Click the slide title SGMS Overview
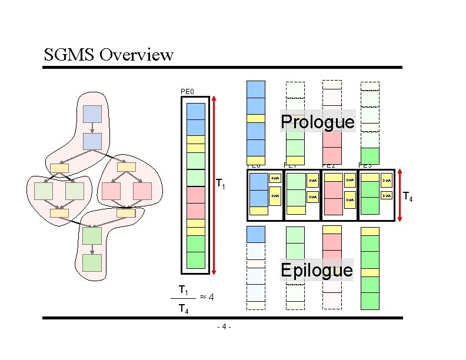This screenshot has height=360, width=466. click(109, 55)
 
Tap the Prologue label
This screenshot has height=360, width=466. click(318, 122)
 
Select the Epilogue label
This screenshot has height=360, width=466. click(317, 270)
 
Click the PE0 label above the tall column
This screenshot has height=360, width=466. click(187, 91)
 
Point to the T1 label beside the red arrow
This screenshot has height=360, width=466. click(221, 185)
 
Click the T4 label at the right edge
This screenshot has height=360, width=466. click(408, 198)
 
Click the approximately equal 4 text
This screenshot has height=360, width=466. click(207, 297)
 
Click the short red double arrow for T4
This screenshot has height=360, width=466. click(400, 195)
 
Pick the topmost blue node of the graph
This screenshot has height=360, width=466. click(93, 114)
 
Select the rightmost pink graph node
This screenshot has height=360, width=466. click(142, 191)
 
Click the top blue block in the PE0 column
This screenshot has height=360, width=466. click(195, 111)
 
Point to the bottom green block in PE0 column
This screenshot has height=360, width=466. click(195, 260)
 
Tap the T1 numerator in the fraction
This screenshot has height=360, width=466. click(184, 290)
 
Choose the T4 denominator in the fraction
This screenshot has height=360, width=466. click(184, 310)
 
